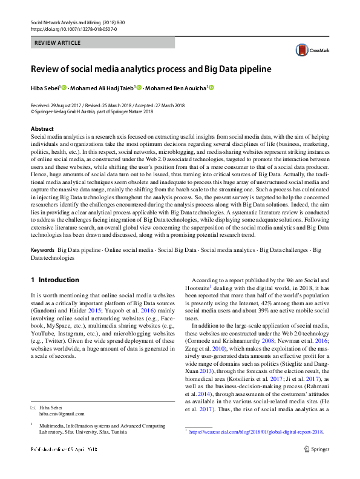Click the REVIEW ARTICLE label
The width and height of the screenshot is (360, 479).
click(56, 44)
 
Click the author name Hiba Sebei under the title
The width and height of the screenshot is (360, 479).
click(45, 88)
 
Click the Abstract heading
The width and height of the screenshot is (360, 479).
click(42, 129)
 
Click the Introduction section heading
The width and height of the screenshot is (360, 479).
click(54, 280)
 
